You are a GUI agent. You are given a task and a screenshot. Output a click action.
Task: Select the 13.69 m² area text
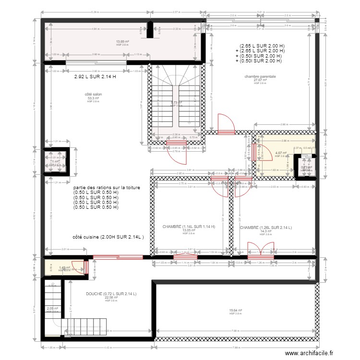[x=122, y=42]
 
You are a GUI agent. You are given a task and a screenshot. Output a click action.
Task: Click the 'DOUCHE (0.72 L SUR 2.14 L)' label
[x=111, y=293]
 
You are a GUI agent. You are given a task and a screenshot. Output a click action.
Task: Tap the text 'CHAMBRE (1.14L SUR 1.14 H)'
[x=189, y=227]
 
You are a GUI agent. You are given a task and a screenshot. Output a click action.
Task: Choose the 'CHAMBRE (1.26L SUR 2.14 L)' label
[x=266, y=228]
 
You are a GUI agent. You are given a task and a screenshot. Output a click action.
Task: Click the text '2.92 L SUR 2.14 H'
[x=95, y=76]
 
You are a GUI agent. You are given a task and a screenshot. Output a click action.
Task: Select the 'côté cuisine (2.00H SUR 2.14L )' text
[x=108, y=237]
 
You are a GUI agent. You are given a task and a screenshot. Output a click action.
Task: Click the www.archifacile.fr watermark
[x=309, y=353]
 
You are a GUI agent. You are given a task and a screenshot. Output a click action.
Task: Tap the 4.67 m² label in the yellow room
[x=281, y=154]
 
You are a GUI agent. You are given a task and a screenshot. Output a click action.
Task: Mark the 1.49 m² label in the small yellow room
[x=64, y=268]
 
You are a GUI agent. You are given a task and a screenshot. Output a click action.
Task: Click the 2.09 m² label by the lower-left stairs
[x=52, y=309]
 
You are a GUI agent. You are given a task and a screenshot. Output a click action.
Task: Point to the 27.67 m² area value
[x=259, y=80]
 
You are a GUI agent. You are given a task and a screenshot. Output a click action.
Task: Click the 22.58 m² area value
[x=111, y=297]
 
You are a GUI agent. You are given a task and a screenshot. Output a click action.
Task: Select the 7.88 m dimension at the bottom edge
[x=236, y=348]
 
